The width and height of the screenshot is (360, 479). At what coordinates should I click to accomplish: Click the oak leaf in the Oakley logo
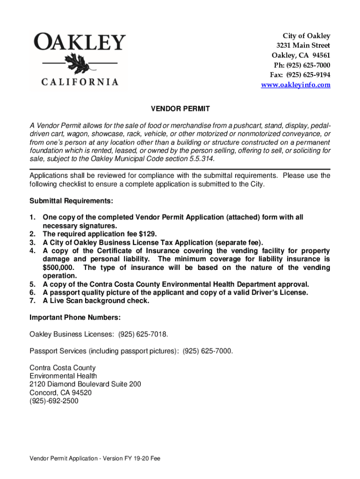point(74,62)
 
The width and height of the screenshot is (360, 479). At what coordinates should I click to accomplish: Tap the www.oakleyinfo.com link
point(295,85)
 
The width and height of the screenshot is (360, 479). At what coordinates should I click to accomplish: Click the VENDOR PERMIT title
point(180,109)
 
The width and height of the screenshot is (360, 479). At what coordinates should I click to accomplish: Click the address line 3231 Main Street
point(303,45)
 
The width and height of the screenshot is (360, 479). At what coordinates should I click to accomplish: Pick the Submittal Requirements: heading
point(71,201)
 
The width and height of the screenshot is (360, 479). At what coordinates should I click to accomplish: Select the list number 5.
point(32,284)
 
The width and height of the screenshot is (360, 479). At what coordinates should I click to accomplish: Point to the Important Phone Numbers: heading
point(75,318)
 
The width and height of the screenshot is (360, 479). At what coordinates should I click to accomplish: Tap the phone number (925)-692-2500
point(54,401)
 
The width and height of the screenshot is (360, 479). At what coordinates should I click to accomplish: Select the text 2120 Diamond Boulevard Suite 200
point(85,384)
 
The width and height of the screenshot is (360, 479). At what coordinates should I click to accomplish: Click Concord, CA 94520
point(61,392)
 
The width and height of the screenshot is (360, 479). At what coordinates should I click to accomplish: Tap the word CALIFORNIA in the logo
point(80,82)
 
